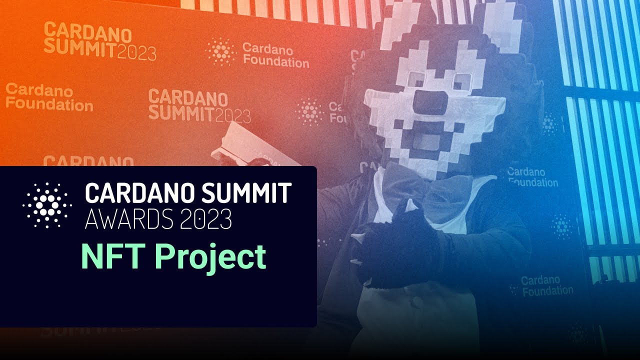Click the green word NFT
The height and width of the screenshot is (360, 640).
pyautogui.click(x=113, y=257)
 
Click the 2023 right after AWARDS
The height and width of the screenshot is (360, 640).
pyautogui.click(x=202, y=218)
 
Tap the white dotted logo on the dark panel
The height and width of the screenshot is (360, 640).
pyautogui.click(x=47, y=205)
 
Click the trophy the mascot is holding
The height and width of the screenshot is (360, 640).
pyautogui.click(x=250, y=145)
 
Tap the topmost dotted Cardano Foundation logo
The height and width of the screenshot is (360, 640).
pyautogui.click(x=220, y=51)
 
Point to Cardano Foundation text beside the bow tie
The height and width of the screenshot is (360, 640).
pyautogui.click(x=532, y=176)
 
